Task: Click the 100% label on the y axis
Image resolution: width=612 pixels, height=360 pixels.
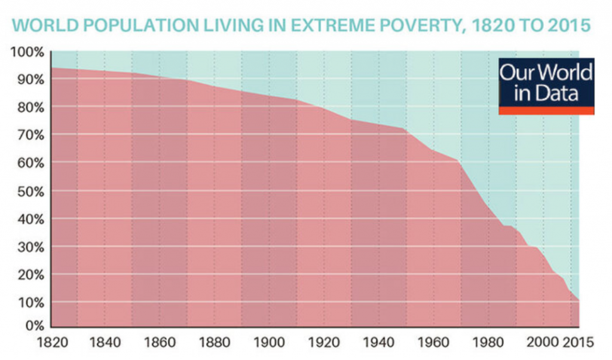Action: tap(27, 52)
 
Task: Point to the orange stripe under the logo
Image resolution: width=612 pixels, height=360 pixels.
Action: tap(546, 111)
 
